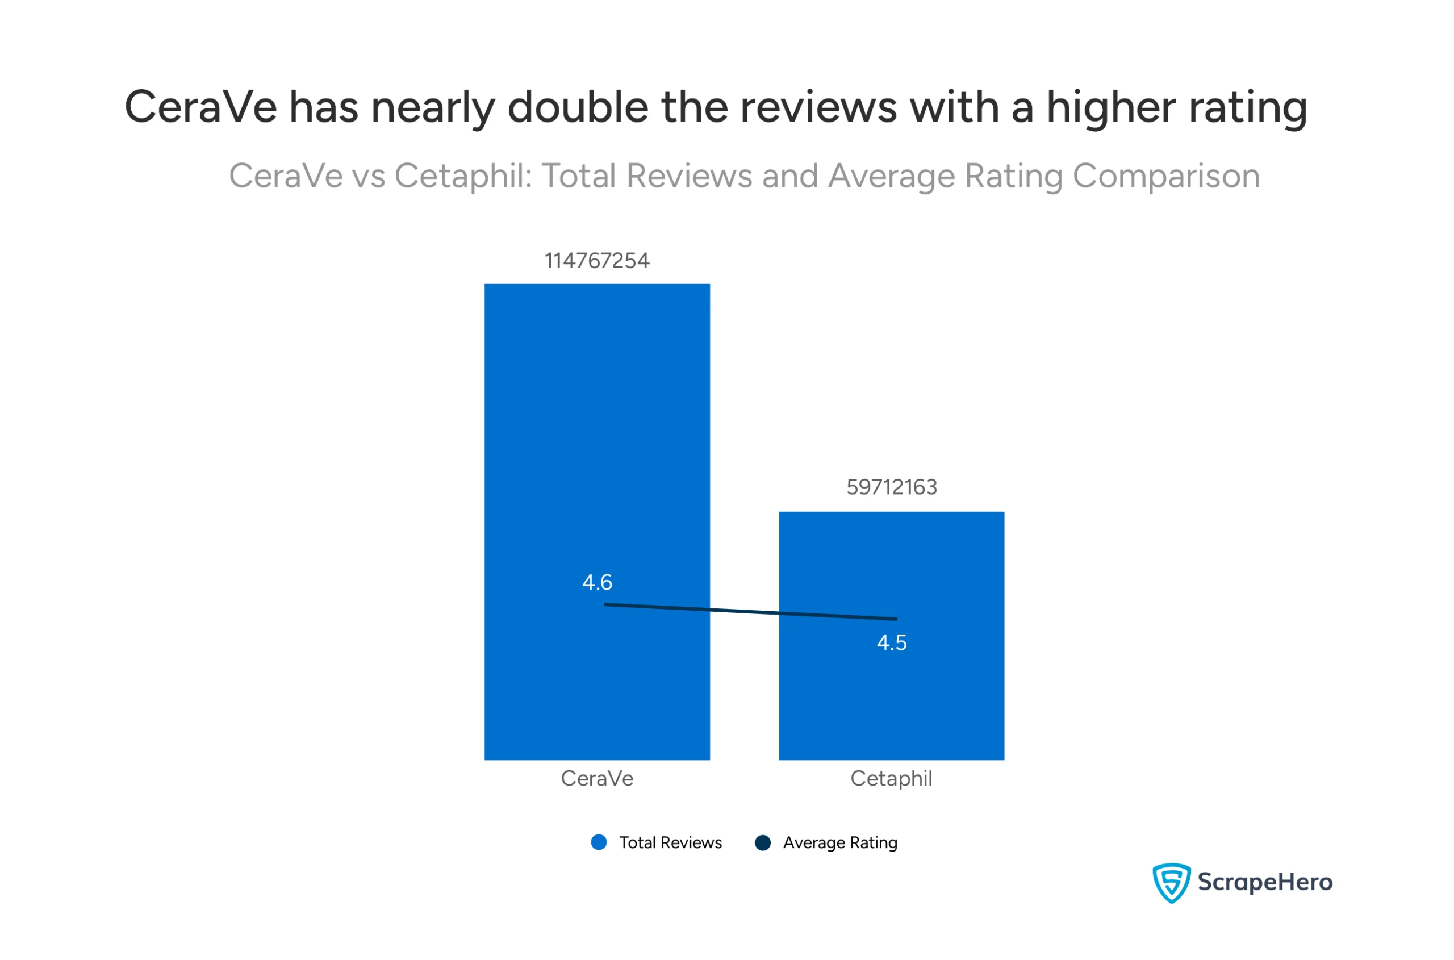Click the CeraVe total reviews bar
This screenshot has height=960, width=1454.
pyautogui.click(x=596, y=428)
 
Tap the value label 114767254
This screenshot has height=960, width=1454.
pyautogui.click(x=596, y=261)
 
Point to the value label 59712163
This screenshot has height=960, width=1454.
pyautogui.click(x=891, y=487)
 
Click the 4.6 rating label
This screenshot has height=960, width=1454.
pyautogui.click(x=597, y=582)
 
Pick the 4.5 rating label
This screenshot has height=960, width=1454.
pyautogui.click(x=891, y=643)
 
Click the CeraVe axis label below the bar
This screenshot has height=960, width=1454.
pyautogui.click(x=597, y=779)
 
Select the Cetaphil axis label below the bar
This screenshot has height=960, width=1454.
pyautogui.click(x=891, y=779)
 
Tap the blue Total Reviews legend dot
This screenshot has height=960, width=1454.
pyautogui.click(x=599, y=843)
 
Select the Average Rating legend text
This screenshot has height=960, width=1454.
pyautogui.click(x=840, y=843)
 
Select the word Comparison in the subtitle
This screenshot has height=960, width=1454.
pyautogui.click(x=1165, y=176)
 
